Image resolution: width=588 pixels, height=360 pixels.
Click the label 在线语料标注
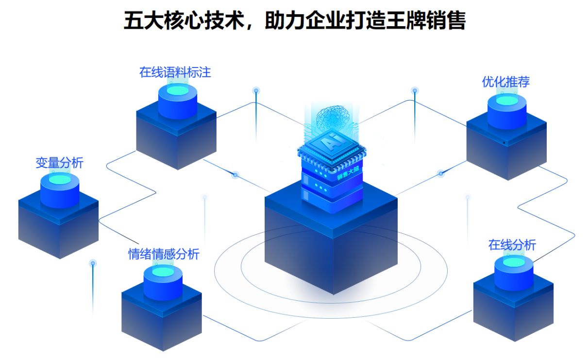click(x=175, y=73)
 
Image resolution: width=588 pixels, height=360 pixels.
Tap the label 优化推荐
click(x=505, y=82)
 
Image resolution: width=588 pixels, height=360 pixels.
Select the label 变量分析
click(x=59, y=163)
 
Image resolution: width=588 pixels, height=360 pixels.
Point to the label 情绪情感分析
click(x=164, y=254)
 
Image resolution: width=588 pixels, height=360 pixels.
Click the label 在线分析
click(x=512, y=245)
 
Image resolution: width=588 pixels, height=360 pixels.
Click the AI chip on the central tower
click(x=332, y=144)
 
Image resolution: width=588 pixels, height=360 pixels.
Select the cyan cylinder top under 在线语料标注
click(x=177, y=90)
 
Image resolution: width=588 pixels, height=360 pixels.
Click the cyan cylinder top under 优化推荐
click(x=506, y=100)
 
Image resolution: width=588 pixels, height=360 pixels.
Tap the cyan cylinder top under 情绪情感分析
click(x=163, y=272)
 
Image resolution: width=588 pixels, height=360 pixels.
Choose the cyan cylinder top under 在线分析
click(x=514, y=262)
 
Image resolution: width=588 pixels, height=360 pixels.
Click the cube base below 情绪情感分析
click(x=162, y=316)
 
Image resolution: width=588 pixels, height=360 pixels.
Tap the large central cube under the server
click(x=331, y=243)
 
